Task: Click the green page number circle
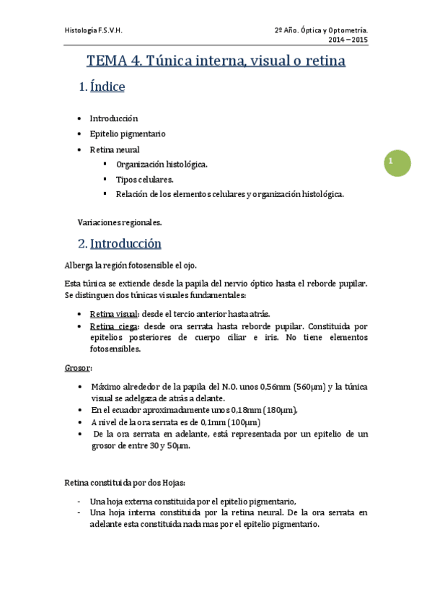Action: coord(396,162)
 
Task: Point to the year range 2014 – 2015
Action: coord(349,40)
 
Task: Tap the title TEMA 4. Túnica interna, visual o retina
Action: coord(216,61)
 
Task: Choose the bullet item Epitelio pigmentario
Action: coord(127,134)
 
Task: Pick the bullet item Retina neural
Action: coord(115,149)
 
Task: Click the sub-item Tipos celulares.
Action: coord(144,179)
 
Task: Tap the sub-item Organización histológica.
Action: coord(162,165)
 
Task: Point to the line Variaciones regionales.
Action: coord(119,222)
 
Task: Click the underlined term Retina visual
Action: coord(113,315)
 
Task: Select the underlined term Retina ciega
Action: coord(113,326)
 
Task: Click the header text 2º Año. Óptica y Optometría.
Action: coord(321,30)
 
